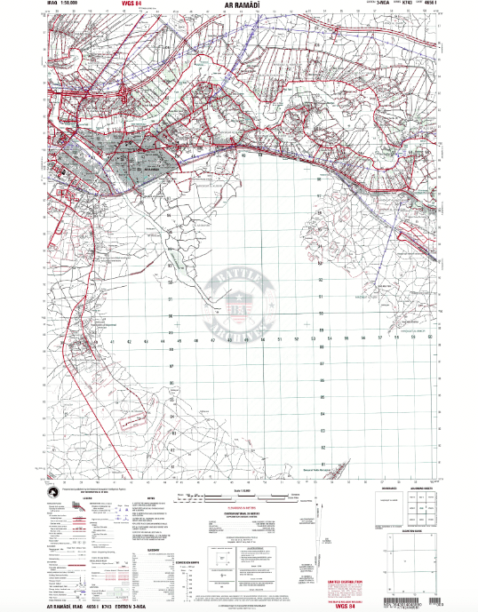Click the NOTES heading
tap(150, 497)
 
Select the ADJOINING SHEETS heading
tap(421, 489)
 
